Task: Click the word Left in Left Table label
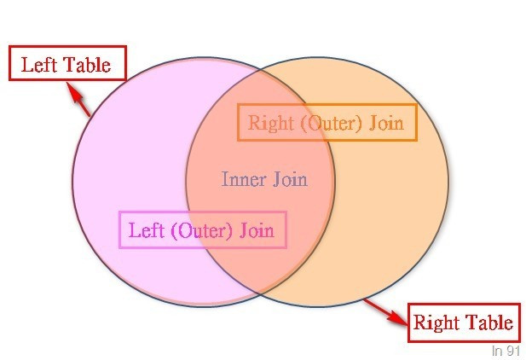[39, 65]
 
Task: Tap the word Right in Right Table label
[436, 322]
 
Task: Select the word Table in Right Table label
[487, 322]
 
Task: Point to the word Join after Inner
[290, 179]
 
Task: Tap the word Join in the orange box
[385, 123]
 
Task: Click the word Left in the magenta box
[145, 229]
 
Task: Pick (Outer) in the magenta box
[202, 229]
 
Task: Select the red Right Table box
[463, 322]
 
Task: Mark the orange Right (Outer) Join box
[327, 123]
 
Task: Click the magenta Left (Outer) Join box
[203, 229]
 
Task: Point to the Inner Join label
[264, 179]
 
